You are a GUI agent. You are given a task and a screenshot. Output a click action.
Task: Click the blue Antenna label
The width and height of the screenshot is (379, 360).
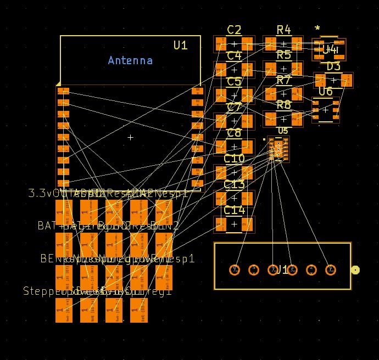[x=130, y=60]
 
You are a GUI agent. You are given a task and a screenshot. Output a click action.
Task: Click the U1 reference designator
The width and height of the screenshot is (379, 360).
[x=180, y=45]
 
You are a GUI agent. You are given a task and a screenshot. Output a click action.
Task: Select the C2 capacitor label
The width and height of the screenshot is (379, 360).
[x=234, y=30]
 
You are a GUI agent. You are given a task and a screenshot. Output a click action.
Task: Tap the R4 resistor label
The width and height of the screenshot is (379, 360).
[x=283, y=30]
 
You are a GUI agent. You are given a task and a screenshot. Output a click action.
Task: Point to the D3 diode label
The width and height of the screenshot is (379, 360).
[x=333, y=66]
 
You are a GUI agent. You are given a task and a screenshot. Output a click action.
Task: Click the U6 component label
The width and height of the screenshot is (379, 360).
[x=325, y=91]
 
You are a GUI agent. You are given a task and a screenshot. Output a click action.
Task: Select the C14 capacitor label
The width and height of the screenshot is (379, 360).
[x=234, y=210]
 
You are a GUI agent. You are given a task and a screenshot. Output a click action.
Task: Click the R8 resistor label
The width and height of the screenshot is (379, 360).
[x=283, y=104]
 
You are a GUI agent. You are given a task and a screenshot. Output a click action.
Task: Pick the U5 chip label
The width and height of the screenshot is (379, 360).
[x=283, y=131]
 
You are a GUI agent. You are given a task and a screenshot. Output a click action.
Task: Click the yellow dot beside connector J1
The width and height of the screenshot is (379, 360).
[x=355, y=269]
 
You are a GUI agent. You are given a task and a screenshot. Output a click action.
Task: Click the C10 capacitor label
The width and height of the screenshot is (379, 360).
[x=234, y=159]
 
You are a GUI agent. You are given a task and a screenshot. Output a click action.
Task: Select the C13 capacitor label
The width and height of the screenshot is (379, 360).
[x=234, y=184]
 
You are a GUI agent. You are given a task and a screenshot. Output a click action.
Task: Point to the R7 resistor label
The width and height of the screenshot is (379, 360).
[x=283, y=80]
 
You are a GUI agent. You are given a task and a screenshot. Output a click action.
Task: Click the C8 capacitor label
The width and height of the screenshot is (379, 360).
[x=234, y=133]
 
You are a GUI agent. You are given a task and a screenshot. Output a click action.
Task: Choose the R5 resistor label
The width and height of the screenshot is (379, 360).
[x=283, y=55]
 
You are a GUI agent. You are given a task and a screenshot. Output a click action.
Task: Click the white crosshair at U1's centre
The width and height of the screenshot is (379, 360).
[x=130, y=137]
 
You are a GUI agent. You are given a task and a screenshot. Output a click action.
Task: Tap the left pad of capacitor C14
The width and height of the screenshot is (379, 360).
[x=221, y=224]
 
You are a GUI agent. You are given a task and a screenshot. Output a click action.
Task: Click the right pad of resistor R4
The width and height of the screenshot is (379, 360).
[x=297, y=44]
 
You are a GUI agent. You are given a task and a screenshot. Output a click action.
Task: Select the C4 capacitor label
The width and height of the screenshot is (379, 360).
[x=234, y=55]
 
